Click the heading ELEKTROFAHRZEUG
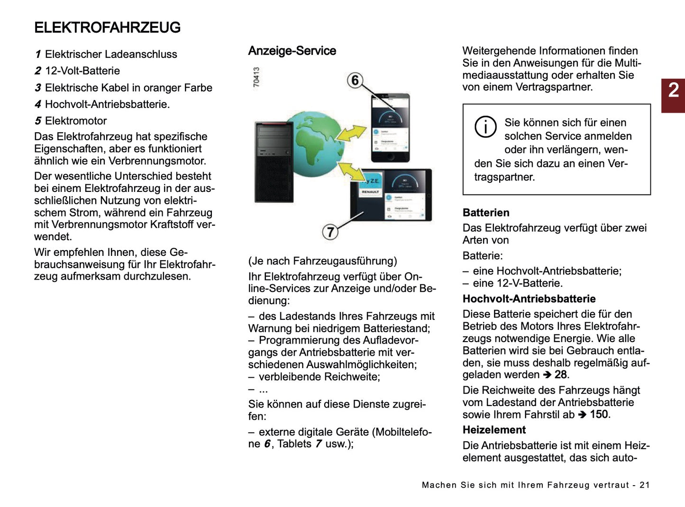pyautogui.click(x=107, y=27)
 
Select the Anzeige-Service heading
pyautogui.click(x=292, y=51)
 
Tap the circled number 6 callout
pyautogui.click(x=355, y=80)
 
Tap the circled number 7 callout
pyautogui.click(x=330, y=232)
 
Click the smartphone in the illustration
pyautogui.click(x=390, y=128)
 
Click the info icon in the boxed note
pyautogui.click(x=485, y=127)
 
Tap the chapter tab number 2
pyautogui.click(x=673, y=91)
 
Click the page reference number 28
pyautogui.click(x=561, y=375)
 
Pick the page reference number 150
pyautogui.click(x=599, y=415)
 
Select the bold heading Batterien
pyautogui.click(x=486, y=213)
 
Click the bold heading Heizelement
pyautogui.click(x=494, y=430)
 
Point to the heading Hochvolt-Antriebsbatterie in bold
pyautogui.click(x=529, y=299)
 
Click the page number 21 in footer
pyautogui.click(x=645, y=485)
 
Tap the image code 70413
pyautogui.click(x=256, y=77)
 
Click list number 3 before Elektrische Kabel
pyautogui.click(x=38, y=88)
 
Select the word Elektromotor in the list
pyautogui.click(x=76, y=121)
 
